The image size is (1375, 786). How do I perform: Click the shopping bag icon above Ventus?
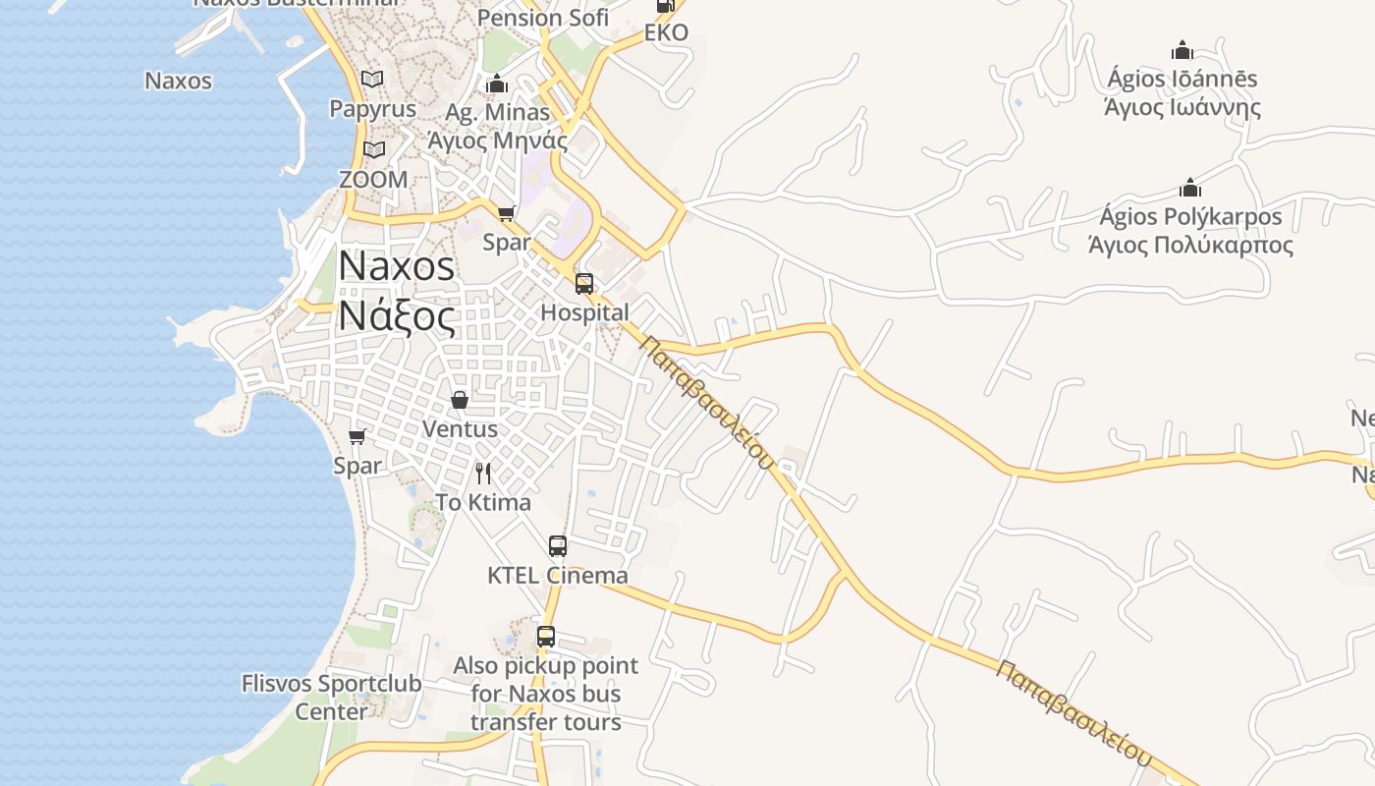[x=459, y=400]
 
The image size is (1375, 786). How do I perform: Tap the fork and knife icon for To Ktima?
[x=483, y=474]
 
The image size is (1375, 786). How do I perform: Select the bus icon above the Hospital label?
[x=584, y=284]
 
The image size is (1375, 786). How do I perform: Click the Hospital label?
[x=585, y=312]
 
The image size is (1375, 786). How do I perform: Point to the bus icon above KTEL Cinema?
[x=558, y=546]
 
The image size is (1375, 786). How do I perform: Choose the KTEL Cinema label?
[x=558, y=575]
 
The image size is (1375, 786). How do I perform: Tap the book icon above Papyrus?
[x=372, y=79]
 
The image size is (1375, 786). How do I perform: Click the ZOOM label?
[x=373, y=180]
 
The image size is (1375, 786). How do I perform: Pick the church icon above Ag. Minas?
[x=497, y=84]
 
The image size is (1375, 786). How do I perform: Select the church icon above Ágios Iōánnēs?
[x=1182, y=50]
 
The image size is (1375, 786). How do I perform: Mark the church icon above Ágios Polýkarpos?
[x=1190, y=188]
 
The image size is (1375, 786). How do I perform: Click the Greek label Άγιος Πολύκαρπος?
[x=1190, y=245]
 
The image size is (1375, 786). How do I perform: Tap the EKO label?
[x=666, y=32]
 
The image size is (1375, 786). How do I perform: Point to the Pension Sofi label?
[x=543, y=18]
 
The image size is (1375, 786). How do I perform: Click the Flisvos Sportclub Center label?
[x=332, y=697]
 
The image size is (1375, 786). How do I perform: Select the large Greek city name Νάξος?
[x=398, y=317]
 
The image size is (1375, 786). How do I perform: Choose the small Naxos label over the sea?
[x=178, y=81]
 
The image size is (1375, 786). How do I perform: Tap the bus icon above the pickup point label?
[x=546, y=637]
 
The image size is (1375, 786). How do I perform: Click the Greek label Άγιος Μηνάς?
[x=498, y=140]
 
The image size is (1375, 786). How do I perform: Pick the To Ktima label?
[x=483, y=503]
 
